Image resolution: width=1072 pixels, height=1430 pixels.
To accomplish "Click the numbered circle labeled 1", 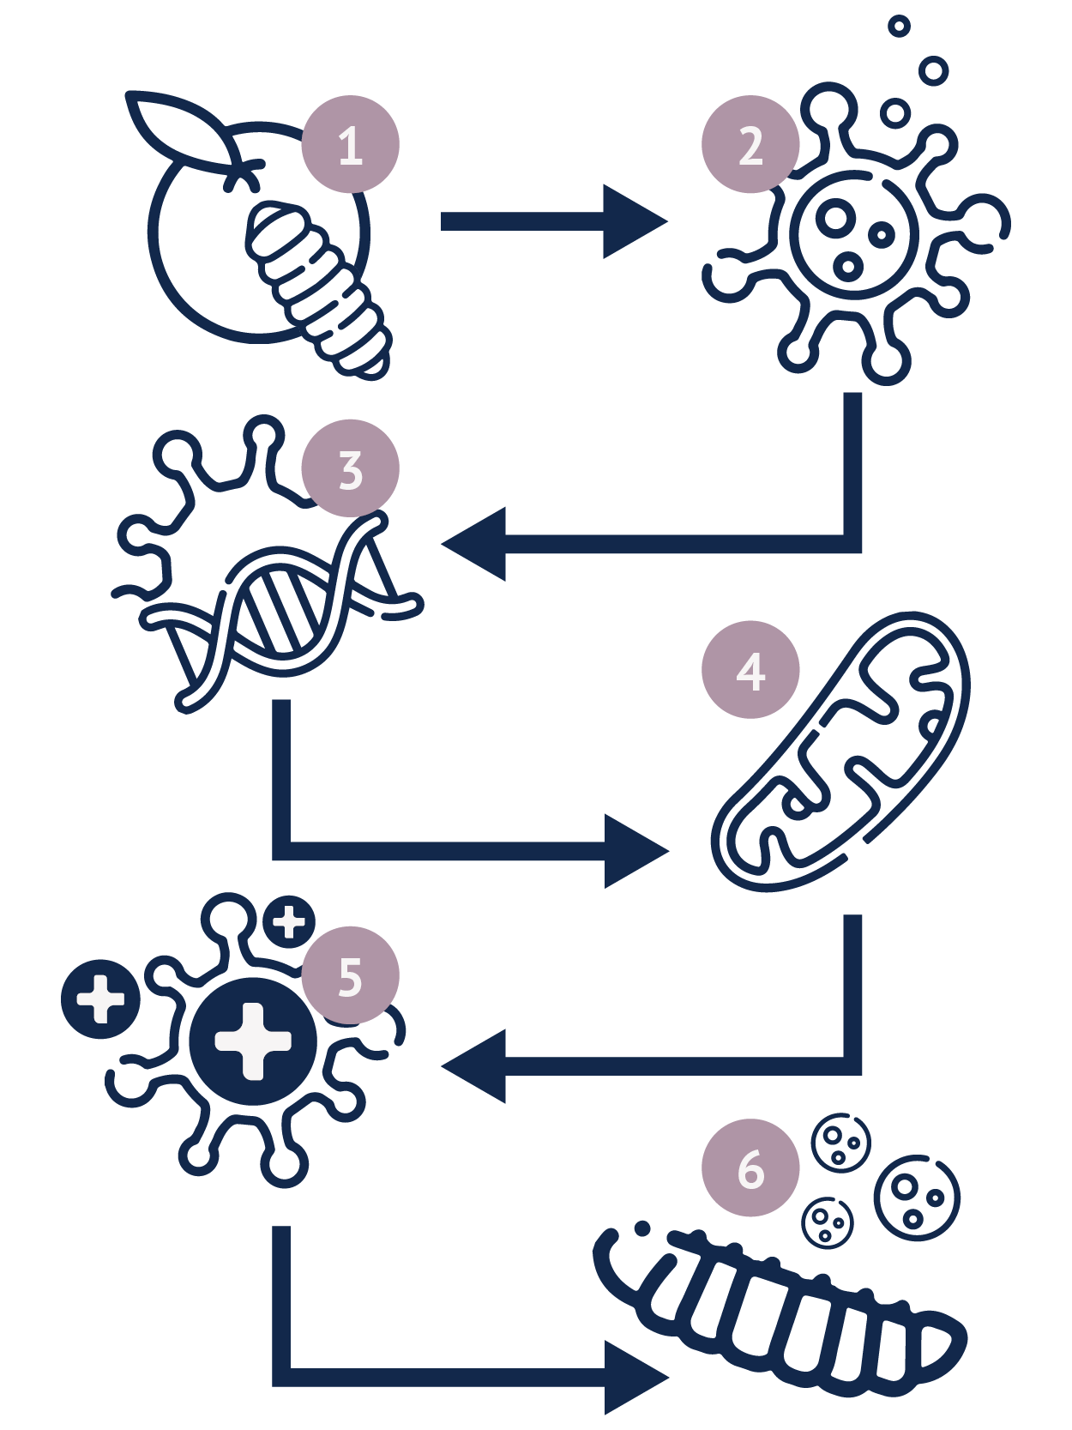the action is (351, 144).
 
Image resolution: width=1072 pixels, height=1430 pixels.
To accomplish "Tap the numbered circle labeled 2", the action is (750, 144).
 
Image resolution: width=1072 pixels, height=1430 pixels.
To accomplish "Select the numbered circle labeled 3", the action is (351, 468).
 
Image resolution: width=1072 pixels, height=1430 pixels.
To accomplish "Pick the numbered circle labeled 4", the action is (750, 669).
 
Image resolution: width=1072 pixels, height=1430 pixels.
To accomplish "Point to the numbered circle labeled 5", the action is (351, 975).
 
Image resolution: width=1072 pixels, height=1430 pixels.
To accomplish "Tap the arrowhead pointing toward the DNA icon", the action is (478, 544).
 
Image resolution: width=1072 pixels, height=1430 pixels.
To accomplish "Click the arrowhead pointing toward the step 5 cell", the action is (478, 1065).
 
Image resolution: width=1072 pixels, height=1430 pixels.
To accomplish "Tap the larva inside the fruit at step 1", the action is (317, 290).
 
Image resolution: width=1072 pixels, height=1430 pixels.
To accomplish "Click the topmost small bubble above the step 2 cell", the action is (899, 26).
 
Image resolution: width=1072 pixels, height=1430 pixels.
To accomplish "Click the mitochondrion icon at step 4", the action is (840, 751).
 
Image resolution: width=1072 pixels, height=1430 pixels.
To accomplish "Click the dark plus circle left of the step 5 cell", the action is (100, 999).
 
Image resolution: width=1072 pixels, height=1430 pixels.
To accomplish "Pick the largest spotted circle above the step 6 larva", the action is (916, 1198).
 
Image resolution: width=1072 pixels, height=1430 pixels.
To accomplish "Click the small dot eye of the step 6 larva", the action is (641, 1228).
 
